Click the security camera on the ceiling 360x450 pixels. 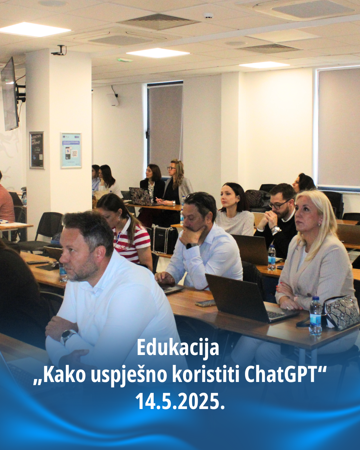point(59,51)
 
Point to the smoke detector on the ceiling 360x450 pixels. point(209,15)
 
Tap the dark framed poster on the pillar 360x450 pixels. point(37,150)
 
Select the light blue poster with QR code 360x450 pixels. point(71,150)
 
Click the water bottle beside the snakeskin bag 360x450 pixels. point(316,316)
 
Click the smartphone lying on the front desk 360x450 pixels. point(205,303)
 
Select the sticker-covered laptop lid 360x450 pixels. point(140,196)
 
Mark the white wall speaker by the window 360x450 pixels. point(114,100)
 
